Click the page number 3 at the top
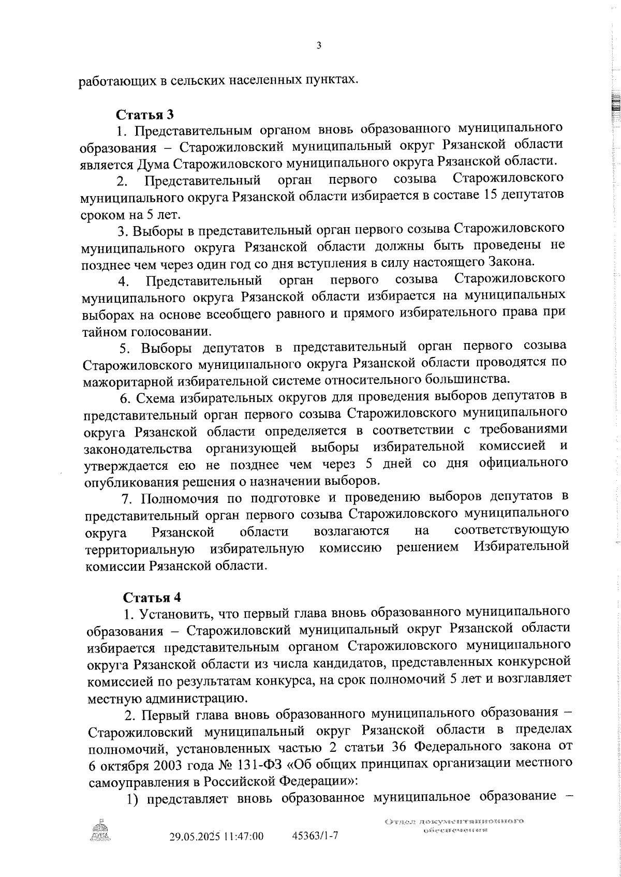[x=319, y=46]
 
